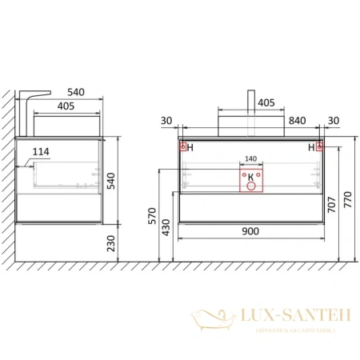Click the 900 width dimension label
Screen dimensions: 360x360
[x=250, y=231]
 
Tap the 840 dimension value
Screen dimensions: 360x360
[x=297, y=121]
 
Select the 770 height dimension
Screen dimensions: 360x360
[x=348, y=199]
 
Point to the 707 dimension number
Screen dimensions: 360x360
[x=331, y=205]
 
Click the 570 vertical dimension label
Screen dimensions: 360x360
[x=152, y=216]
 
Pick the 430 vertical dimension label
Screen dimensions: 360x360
[x=166, y=227]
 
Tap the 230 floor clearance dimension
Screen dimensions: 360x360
[x=110, y=243]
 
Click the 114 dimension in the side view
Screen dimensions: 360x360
[x=41, y=152]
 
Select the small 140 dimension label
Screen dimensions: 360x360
[x=250, y=159]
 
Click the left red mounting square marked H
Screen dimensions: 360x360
[x=182, y=146]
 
